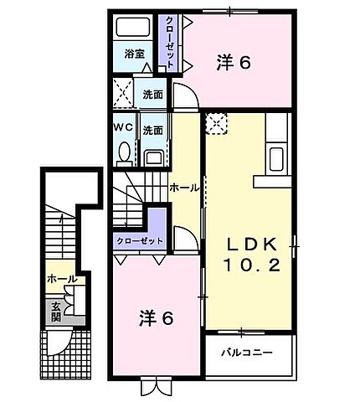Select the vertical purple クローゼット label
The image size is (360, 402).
[169, 41]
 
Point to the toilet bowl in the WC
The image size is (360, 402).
[125, 152]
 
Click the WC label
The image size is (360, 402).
[125, 131]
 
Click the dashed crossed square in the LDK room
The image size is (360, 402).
[216, 123]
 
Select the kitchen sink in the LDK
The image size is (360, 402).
[275, 157]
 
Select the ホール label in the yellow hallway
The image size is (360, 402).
[183, 188]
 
